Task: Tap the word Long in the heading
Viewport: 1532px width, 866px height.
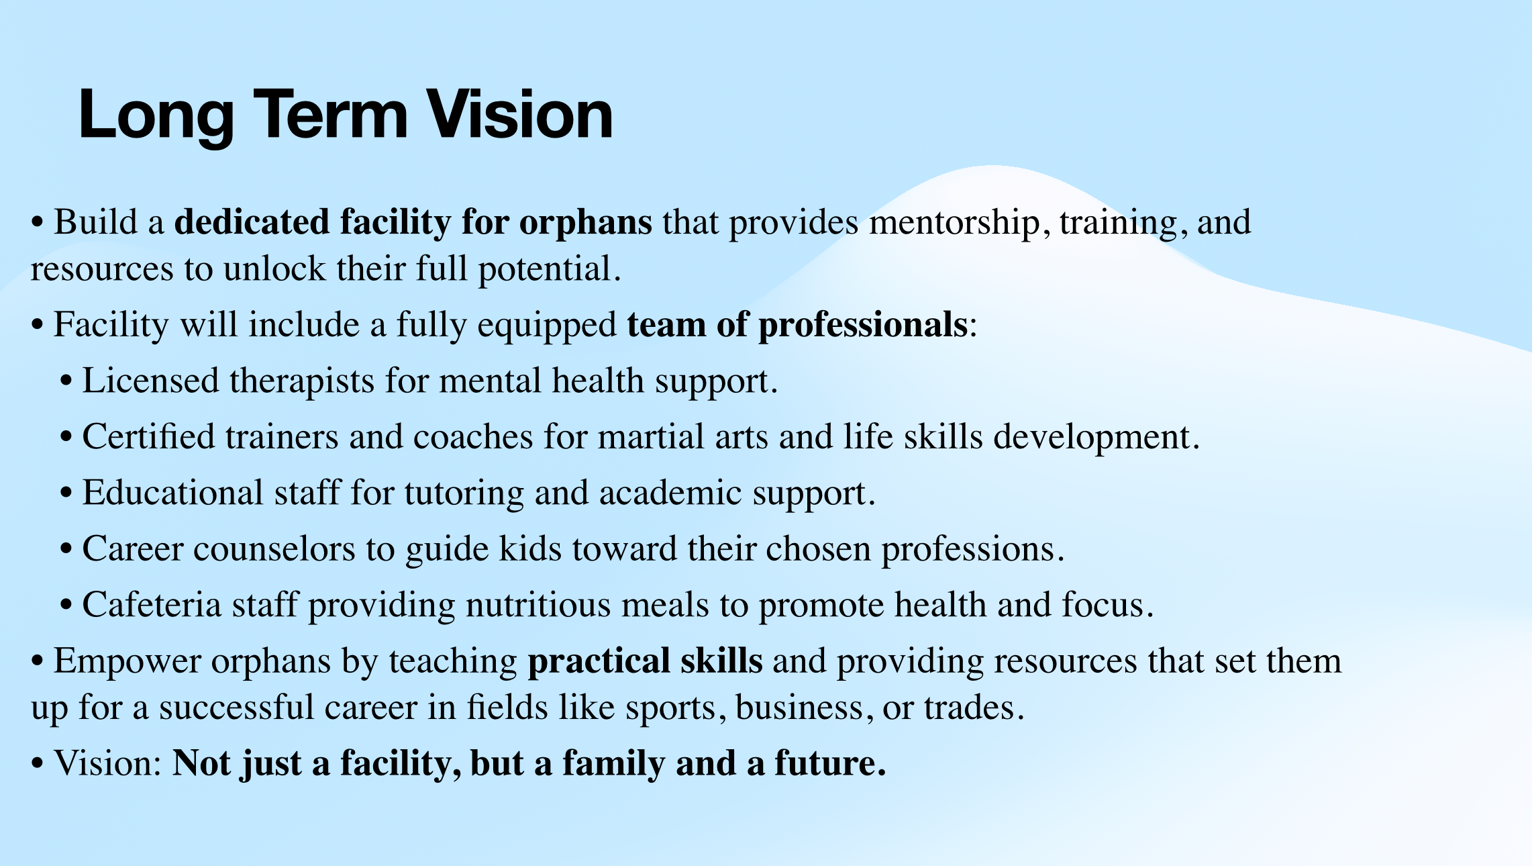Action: pyautogui.click(x=156, y=116)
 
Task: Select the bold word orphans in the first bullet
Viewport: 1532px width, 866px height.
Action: pyautogui.click(x=585, y=224)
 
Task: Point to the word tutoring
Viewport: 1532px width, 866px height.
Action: pyautogui.click(x=464, y=494)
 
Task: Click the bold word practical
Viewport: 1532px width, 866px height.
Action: pyautogui.click(x=599, y=662)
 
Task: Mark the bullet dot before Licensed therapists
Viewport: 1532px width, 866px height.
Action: pyautogui.click(x=66, y=381)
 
